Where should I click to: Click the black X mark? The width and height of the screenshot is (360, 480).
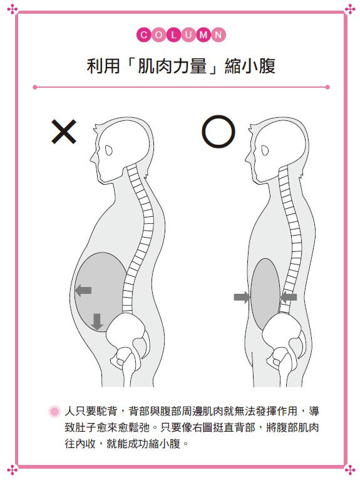click(x=64, y=132)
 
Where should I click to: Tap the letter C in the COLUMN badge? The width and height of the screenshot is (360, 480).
click(x=144, y=35)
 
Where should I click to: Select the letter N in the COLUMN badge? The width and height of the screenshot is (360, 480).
click(x=219, y=35)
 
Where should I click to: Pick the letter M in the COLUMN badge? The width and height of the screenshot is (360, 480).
click(x=203, y=35)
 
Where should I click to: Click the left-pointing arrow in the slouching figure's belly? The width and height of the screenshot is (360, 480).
click(x=83, y=290)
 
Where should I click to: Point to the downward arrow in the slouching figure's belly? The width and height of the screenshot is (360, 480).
click(x=97, y=321)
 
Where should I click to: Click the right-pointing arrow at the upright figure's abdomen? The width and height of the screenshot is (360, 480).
click(x=242, y=297)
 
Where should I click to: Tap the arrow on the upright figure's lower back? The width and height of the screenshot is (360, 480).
click(x=289, y=297)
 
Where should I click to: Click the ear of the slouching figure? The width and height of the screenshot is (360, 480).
click(x=109, y=150)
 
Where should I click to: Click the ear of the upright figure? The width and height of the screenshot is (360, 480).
click(x=265, y=150)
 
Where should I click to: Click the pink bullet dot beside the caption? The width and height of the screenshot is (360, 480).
click(x=54, y=411)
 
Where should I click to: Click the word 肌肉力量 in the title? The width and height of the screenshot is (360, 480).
click(x=172, y=66)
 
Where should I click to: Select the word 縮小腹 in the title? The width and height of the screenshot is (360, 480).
click(x=250, y=66)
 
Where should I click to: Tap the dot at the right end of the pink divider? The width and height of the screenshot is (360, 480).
click(x=327, y=87)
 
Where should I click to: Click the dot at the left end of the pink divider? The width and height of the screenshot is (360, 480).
click(x=35, y=87)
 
